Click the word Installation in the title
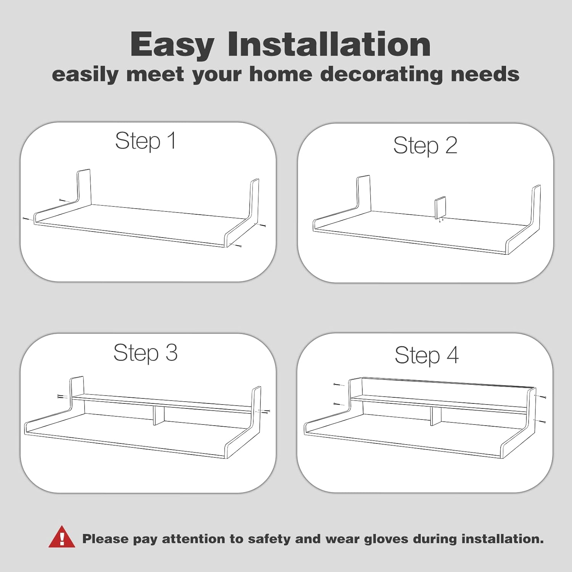coord(329,44)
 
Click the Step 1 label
coord(146,141)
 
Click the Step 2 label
coord(425,145)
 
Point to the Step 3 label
coord(146,353)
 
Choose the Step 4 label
coord(427,355)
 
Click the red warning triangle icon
coord(62,537)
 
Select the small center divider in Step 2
coord(440,208)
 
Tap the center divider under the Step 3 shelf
coord(159,416)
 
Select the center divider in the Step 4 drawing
coord(436,417)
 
